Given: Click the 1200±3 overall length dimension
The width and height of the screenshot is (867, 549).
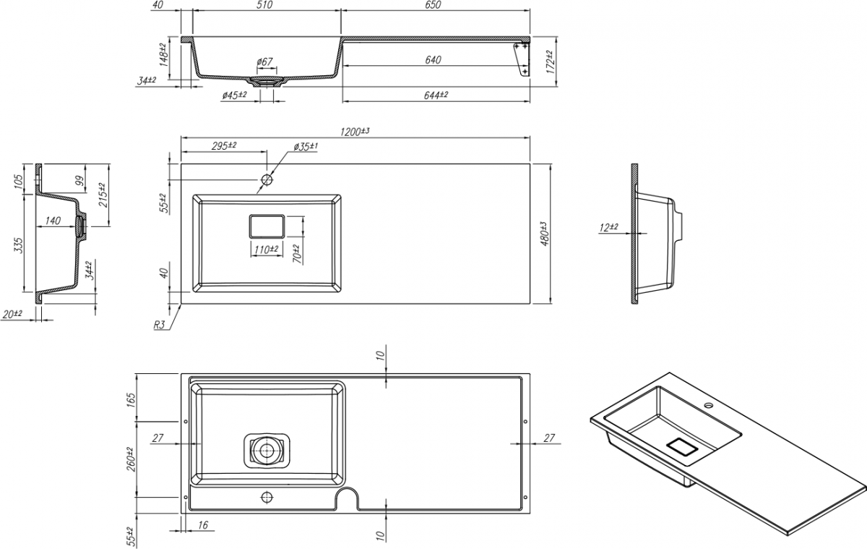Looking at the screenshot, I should (354, 132).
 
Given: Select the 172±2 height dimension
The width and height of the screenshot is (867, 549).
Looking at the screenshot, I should (551, 62).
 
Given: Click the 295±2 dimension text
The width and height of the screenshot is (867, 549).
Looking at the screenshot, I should (224, 146).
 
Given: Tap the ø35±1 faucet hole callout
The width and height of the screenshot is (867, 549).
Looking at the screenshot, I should (306, 147).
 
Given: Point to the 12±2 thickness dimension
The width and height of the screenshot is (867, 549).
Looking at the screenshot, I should (609, 227).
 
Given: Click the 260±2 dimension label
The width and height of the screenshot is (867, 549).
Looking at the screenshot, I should (131, 458).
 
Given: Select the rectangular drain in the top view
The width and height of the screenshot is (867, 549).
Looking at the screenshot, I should (267, 227).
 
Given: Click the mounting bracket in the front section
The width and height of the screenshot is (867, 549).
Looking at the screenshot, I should (520, 59).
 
